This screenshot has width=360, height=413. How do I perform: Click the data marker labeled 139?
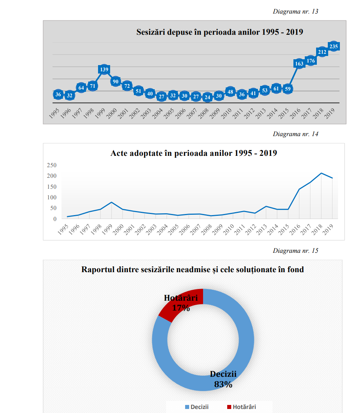point(104,70)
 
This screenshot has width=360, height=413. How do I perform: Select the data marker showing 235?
point(333,46)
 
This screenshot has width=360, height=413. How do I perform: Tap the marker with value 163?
point(299,64)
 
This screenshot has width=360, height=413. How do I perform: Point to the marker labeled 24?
point(207,97)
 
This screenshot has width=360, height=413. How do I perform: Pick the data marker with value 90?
point(116,81)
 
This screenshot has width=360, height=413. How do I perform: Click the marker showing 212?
point(322,52)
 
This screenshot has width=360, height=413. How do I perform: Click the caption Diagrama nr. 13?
point(295,11)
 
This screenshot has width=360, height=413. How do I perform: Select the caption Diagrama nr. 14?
point(295,134)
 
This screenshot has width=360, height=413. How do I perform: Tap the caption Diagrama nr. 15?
point(295,251)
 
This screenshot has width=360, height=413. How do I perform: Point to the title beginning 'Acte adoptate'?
point(194,153)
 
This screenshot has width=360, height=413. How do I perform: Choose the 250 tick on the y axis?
point(52,165)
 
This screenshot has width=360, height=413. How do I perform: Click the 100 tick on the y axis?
point(52,198)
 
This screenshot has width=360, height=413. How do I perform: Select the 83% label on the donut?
point(223,384)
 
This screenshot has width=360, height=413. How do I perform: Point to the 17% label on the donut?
point(181,308)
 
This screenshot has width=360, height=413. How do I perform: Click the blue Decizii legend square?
point(187,407)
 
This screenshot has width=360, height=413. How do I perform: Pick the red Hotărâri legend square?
point(229,407)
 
